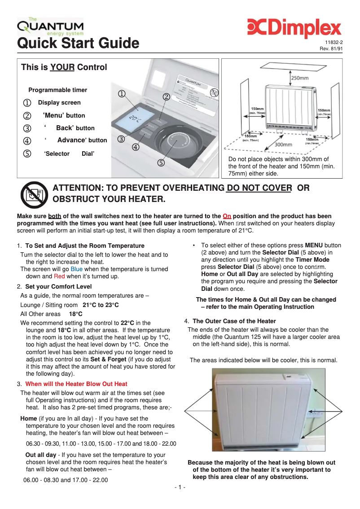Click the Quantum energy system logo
point(50,27)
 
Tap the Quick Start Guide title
point(78,44)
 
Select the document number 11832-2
point(334,43)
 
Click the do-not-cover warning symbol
point(33,194)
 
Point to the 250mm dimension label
point(300,78)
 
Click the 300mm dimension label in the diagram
point(283,145)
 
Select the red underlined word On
point(227,216)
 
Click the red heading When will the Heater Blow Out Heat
point(76,384)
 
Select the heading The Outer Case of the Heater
point(234,321)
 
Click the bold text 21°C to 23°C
point(101,305)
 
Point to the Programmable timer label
point(58,90)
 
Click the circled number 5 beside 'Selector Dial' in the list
point(28,154)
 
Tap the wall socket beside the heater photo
point(318,412)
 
